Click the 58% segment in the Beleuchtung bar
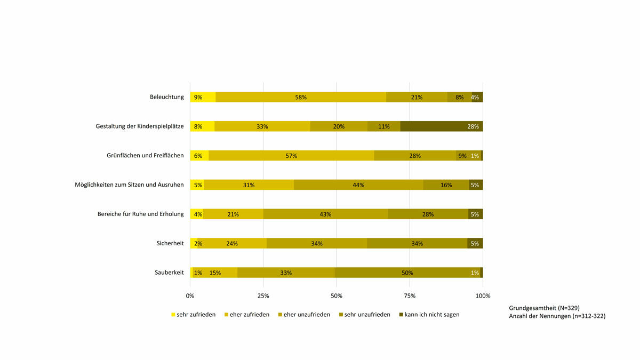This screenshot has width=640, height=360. coord(301,97)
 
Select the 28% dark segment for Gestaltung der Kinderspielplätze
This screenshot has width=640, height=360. coord(442,126)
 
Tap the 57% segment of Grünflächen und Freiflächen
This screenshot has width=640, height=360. coord(291,156)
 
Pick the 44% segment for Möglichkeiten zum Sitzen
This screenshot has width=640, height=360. coord(358,185)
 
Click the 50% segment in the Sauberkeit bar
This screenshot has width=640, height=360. coord(407,273)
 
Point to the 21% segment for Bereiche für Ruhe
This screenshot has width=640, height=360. coord(233,214)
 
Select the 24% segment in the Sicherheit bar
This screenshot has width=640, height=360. coord(231,243)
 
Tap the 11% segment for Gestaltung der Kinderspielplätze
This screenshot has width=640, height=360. coord(383,126)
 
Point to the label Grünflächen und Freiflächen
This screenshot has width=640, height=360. coord(145,156)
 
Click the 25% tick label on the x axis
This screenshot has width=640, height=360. coord(263,295)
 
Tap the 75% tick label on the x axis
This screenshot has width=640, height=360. coord(410,295)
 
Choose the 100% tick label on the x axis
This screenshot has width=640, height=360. coord(483,295)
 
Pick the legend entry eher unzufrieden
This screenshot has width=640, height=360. coord(307,315)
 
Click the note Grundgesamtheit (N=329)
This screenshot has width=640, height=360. coord(544,308)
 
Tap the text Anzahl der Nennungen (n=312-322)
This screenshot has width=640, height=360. coord(557,316)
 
